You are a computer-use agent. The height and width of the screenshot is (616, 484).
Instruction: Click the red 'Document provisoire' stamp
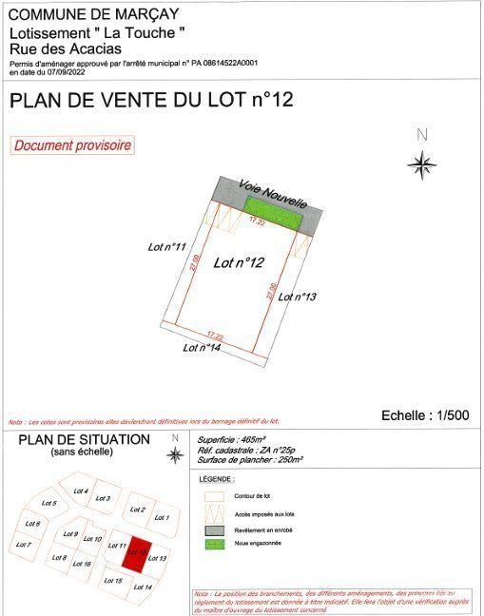pos(72,145)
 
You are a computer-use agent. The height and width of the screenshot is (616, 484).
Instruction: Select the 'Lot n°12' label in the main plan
pos(238,263)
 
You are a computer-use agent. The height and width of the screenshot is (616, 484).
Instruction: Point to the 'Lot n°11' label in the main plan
pos(166,247)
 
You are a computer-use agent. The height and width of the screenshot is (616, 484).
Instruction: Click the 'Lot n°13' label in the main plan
pos(297,297)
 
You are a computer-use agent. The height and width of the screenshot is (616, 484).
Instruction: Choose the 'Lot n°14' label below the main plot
pos(203,348)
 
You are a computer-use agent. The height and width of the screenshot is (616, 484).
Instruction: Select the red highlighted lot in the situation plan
pos(139,550)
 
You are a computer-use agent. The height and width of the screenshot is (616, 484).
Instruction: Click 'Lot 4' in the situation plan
pos(81,491)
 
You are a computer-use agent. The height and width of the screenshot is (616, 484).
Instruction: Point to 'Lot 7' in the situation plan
pos(24,545)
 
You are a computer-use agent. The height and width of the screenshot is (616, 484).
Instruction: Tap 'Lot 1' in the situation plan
pos(161,517)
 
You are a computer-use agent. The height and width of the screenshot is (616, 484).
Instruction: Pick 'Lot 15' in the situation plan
pos(112,580)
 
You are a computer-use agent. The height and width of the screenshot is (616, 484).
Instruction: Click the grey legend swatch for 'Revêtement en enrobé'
pos(215,529)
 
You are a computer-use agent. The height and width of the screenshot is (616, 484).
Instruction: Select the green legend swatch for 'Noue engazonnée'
pos(215,545)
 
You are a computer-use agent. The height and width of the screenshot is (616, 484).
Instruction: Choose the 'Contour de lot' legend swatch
pos(215,496)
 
